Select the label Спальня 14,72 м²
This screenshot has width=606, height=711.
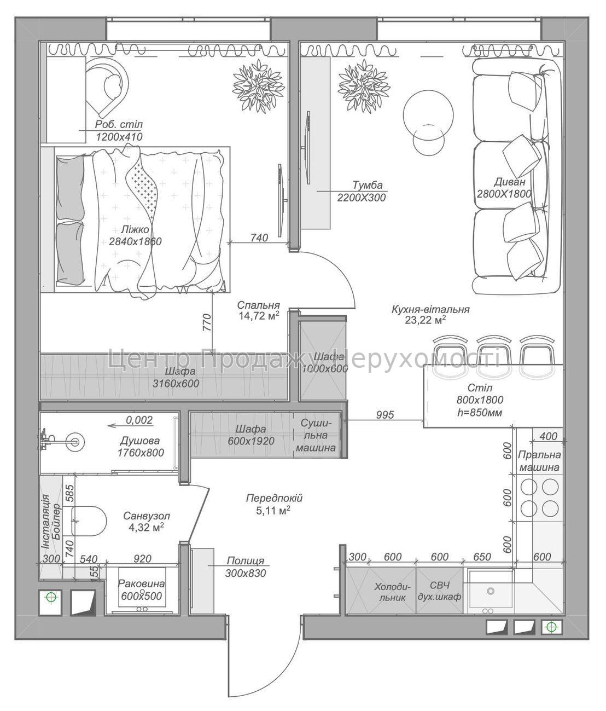coord(259,310)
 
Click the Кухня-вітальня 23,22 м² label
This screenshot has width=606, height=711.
coord(430,315)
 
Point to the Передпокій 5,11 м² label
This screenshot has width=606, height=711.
coord(274,504)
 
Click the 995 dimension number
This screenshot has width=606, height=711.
coord(384,415)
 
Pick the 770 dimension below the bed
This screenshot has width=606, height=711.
coord(207,322)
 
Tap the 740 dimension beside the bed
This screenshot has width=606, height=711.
coord(259,238)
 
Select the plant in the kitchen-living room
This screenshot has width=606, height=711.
coord(364,85)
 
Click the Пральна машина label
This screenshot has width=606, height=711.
coord(539,461)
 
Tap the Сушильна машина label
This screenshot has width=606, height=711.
coord(316,435)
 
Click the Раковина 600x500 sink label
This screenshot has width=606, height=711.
coord(141,590)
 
